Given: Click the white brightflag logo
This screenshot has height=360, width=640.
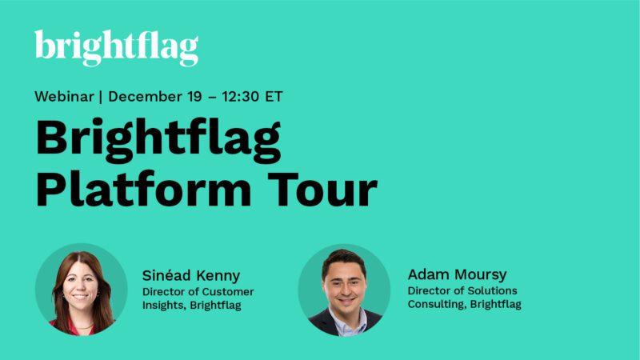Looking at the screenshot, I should (x=116, y=47).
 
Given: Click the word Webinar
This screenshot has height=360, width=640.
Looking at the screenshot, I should (x=64, y=97).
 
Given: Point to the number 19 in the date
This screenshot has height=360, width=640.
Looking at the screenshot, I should (x=198, y=97).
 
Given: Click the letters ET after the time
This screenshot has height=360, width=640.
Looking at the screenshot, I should (x=274, y=97).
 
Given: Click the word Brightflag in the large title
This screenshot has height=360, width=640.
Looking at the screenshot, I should (x=158, y=141).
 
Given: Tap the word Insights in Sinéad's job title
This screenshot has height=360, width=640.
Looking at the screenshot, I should (x=163, y=305).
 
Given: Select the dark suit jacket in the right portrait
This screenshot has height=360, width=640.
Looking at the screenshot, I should (x=320, y=324).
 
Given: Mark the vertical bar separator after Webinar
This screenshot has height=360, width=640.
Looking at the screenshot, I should (x=101, y=97).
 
